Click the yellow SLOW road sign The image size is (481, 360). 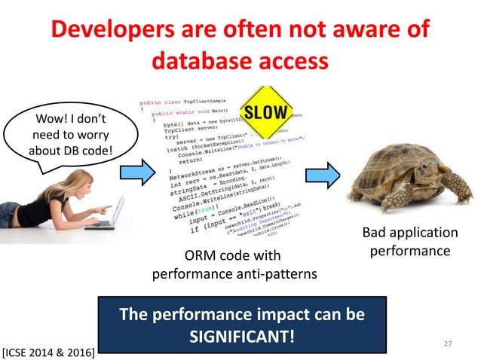coord(265,113)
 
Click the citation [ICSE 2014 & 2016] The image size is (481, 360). coord(48,350)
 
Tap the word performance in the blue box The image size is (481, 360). coord(188,313)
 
